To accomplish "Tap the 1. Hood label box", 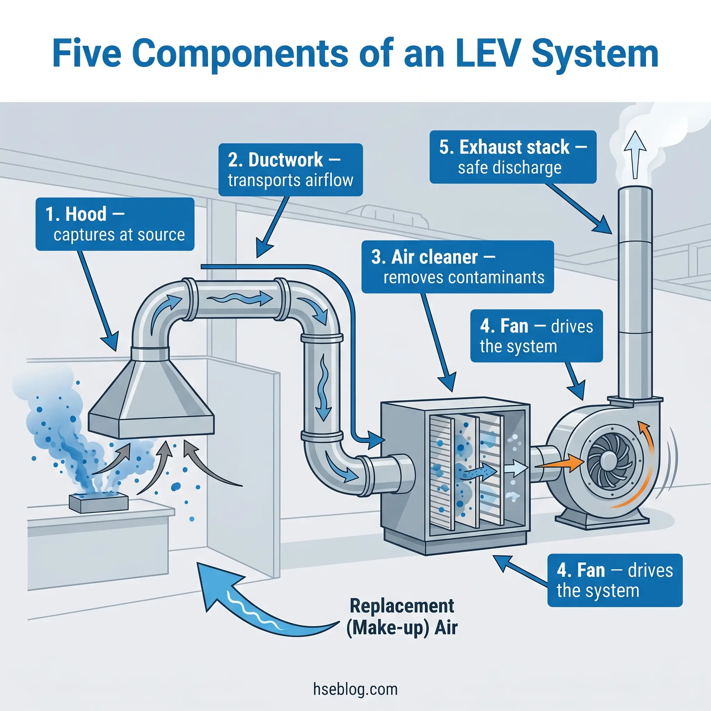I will pyautogui.click(x=115, y=224).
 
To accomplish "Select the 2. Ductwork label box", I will pyautogui.click(x=290, y=170).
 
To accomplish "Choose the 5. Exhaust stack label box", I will pyautogui.click(x=513, y=157).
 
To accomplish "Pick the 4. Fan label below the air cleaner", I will pyautogui.click(x=614, y=580).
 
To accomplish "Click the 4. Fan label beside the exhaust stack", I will pyautogui.click(x=536, y=336).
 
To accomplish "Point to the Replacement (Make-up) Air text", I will pyautogui.click(x=402, y=617).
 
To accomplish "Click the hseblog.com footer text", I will pyautogui.click(x=355, y=689).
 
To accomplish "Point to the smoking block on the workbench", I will pyautogui.click(x=99, y=503).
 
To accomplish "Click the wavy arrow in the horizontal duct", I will pyautogui.click(x=239, y=299).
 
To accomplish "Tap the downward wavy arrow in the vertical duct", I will pyautogui.click(x=324, y=386).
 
